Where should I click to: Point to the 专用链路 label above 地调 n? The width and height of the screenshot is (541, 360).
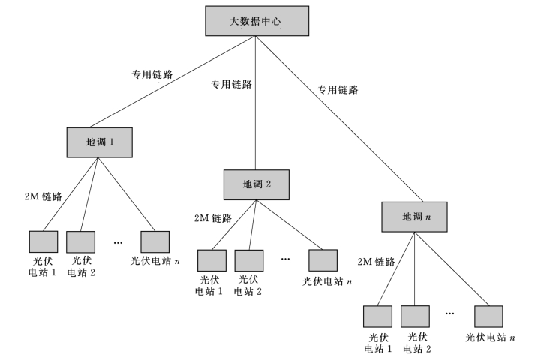pyautogui.click(x=338, y=89)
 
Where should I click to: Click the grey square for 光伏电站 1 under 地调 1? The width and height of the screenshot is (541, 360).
pyautogui.click(x=44, y=241)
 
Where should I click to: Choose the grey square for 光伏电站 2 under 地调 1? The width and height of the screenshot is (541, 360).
pyautogui.click(x=81, y=241)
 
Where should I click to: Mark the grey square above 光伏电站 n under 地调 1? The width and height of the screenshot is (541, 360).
pyautogui.click(x=155, y=241)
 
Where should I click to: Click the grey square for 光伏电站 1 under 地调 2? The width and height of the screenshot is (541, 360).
pyautogui.click(x=212, y=259)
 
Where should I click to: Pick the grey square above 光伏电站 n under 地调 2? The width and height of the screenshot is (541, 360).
pyautogui.click(x=323, y=259)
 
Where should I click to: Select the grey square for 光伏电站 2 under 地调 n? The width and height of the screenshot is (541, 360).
pyautogui.click(x=415, y=316)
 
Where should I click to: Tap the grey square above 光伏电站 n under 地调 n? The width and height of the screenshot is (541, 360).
pyautogui.click(x=489, y=316)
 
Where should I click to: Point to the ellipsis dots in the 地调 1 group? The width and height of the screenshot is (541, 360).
pyautogui.click(x=118, y=241)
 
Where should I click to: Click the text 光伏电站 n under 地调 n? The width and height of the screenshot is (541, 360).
pyautogui.click(x=490, y=337)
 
